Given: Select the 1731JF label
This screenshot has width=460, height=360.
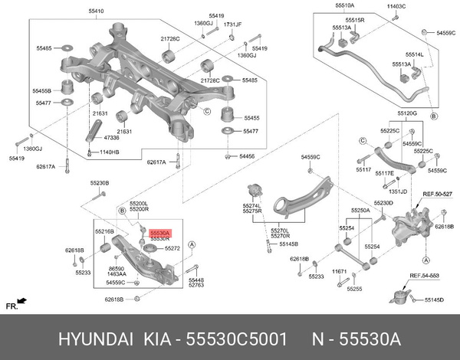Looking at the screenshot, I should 232,25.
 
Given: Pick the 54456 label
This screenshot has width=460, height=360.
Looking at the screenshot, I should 246,155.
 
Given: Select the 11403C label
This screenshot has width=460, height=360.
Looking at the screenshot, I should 396,6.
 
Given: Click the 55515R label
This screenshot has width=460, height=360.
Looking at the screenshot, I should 355,18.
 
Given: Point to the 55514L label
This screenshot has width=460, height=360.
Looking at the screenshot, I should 415,55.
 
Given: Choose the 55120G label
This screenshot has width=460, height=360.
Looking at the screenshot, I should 406,113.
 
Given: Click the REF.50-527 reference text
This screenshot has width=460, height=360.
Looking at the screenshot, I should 439,195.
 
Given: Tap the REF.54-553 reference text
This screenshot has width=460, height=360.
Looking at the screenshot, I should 424,275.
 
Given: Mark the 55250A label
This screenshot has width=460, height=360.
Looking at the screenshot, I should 360,210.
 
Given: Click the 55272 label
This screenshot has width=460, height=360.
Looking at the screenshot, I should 172,249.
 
